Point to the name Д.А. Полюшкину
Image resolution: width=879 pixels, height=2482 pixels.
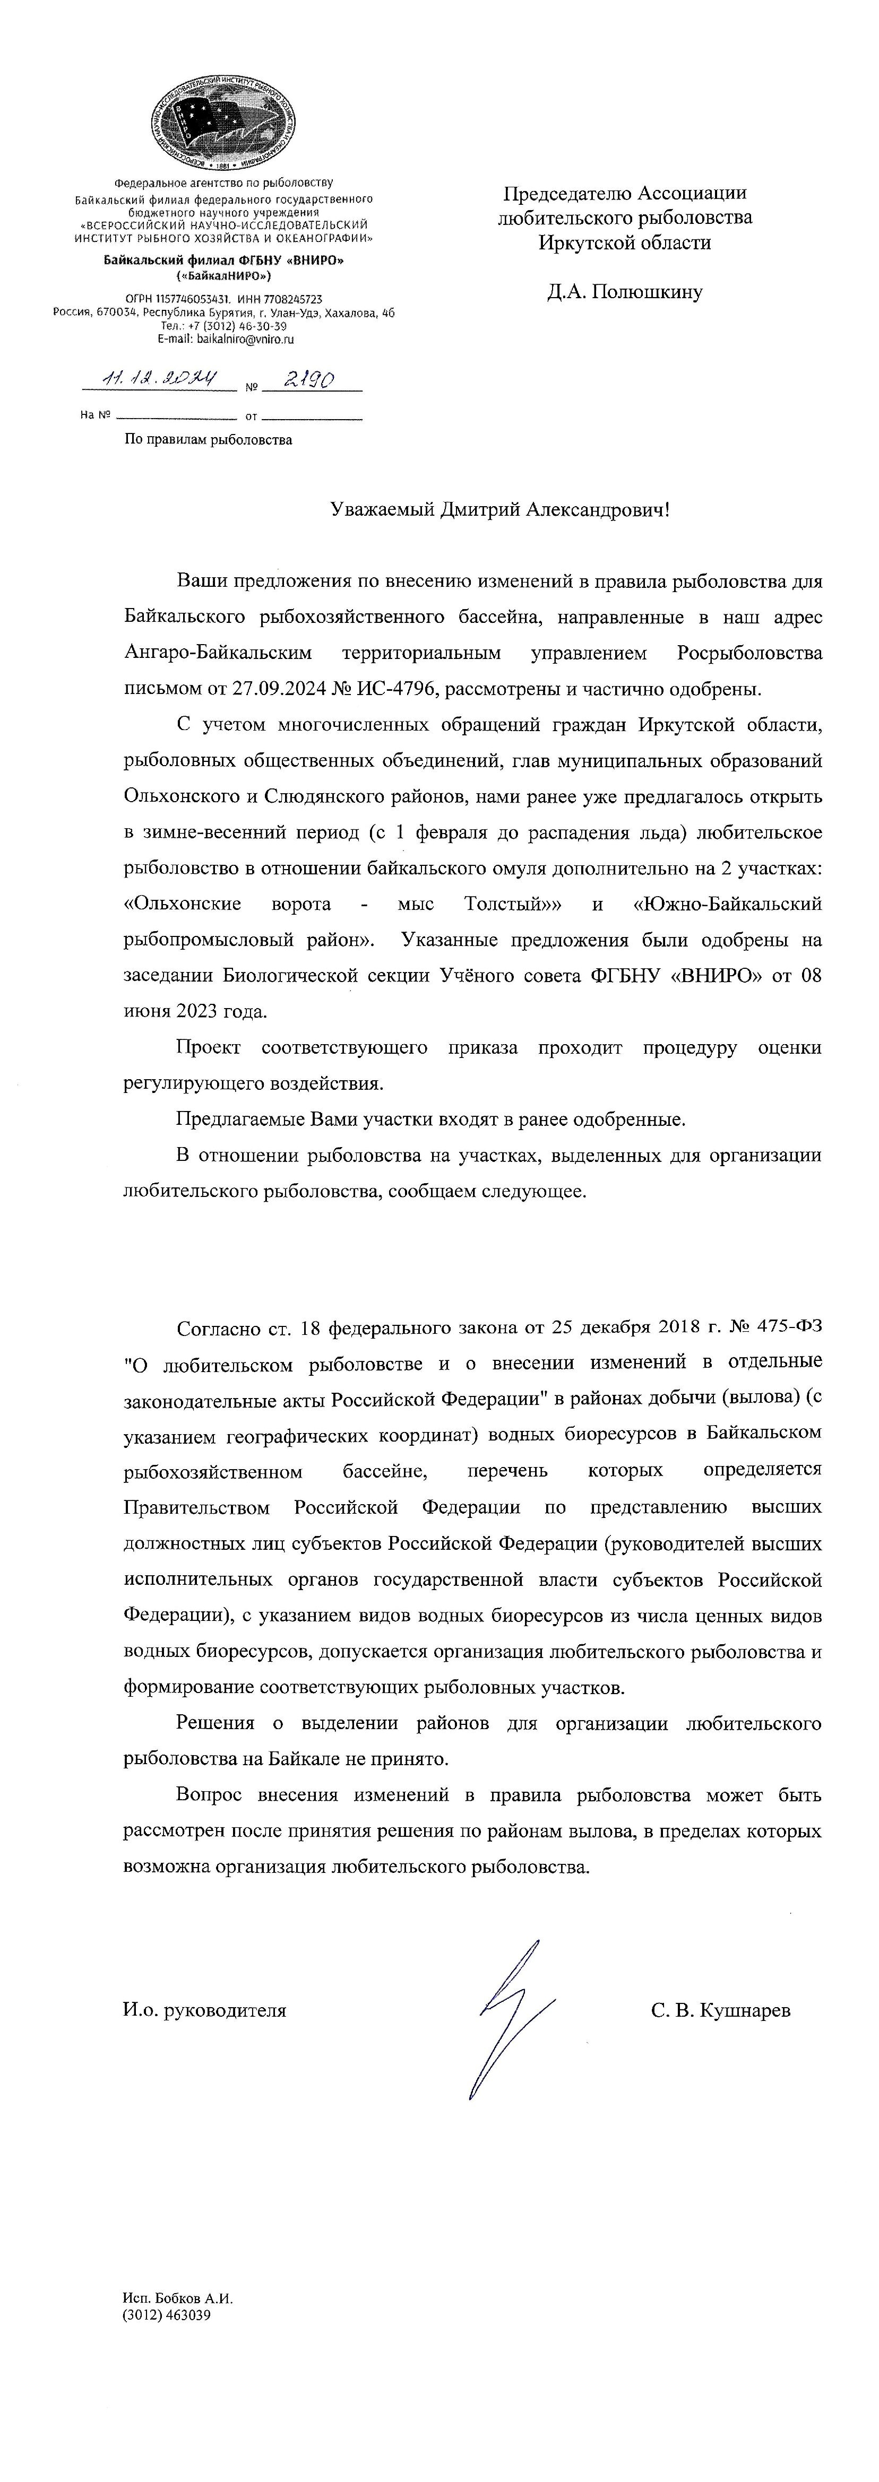point(625,292)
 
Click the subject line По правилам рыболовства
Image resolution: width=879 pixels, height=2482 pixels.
point(208,440)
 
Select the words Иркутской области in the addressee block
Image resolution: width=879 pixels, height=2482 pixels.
point(625,243)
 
